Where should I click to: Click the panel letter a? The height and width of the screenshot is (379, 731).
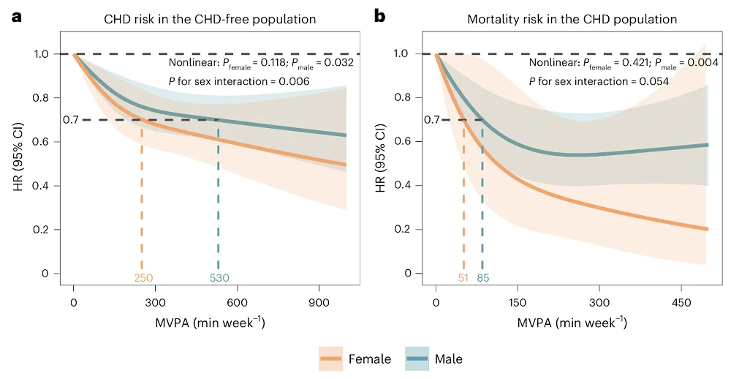click(15, 15)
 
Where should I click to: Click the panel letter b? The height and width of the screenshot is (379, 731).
click(379, 15)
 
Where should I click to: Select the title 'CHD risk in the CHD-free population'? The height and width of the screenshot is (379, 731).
click(209, 19)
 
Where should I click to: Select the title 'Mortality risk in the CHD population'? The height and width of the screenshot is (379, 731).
click(572, 19)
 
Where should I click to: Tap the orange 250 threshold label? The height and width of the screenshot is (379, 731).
click(143, 278)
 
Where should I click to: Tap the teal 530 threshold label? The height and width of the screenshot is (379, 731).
click(219, 278)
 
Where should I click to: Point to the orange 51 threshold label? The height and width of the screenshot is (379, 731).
click(464, 278)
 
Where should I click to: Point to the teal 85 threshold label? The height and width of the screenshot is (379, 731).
click(483, 278)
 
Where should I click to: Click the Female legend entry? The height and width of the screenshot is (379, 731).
click(355, 359)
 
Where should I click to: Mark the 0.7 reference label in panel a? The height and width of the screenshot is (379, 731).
click(70, 119)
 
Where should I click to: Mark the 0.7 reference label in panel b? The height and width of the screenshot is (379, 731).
click(433, 119)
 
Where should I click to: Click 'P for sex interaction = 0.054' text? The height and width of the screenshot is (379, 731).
click(599, 81)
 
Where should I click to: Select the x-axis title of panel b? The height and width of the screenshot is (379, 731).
click(572, 323)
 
